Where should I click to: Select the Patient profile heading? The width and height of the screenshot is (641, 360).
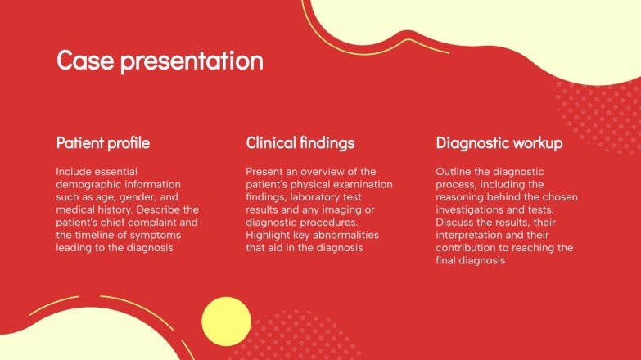103,143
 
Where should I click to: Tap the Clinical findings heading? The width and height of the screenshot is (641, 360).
300,143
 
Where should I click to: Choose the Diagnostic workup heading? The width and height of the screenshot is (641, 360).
499,143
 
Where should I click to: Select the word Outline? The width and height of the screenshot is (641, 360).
454,172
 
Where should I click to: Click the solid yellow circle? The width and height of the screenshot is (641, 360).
226,322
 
